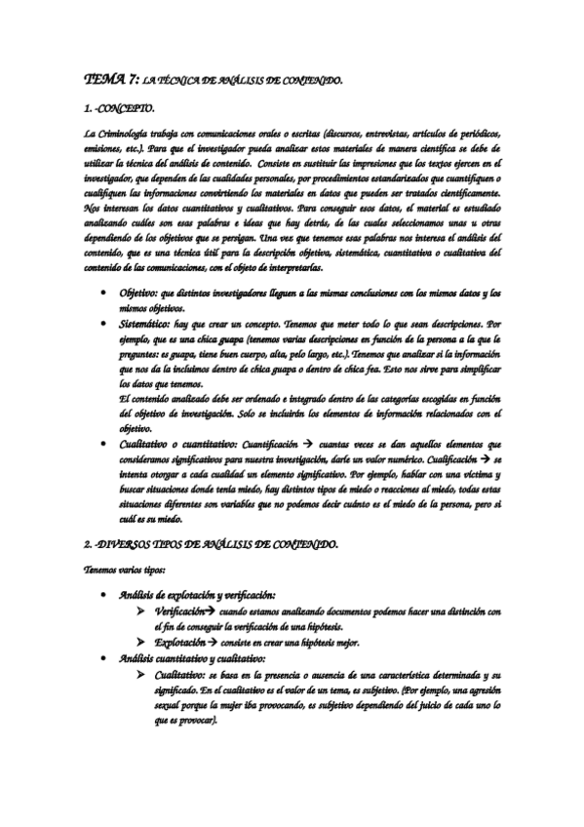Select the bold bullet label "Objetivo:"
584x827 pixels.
[x=140, y=293]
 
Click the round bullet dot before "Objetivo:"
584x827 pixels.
[x=104, y=293]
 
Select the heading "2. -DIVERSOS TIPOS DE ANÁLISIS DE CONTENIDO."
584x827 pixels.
[x=212, y=542]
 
